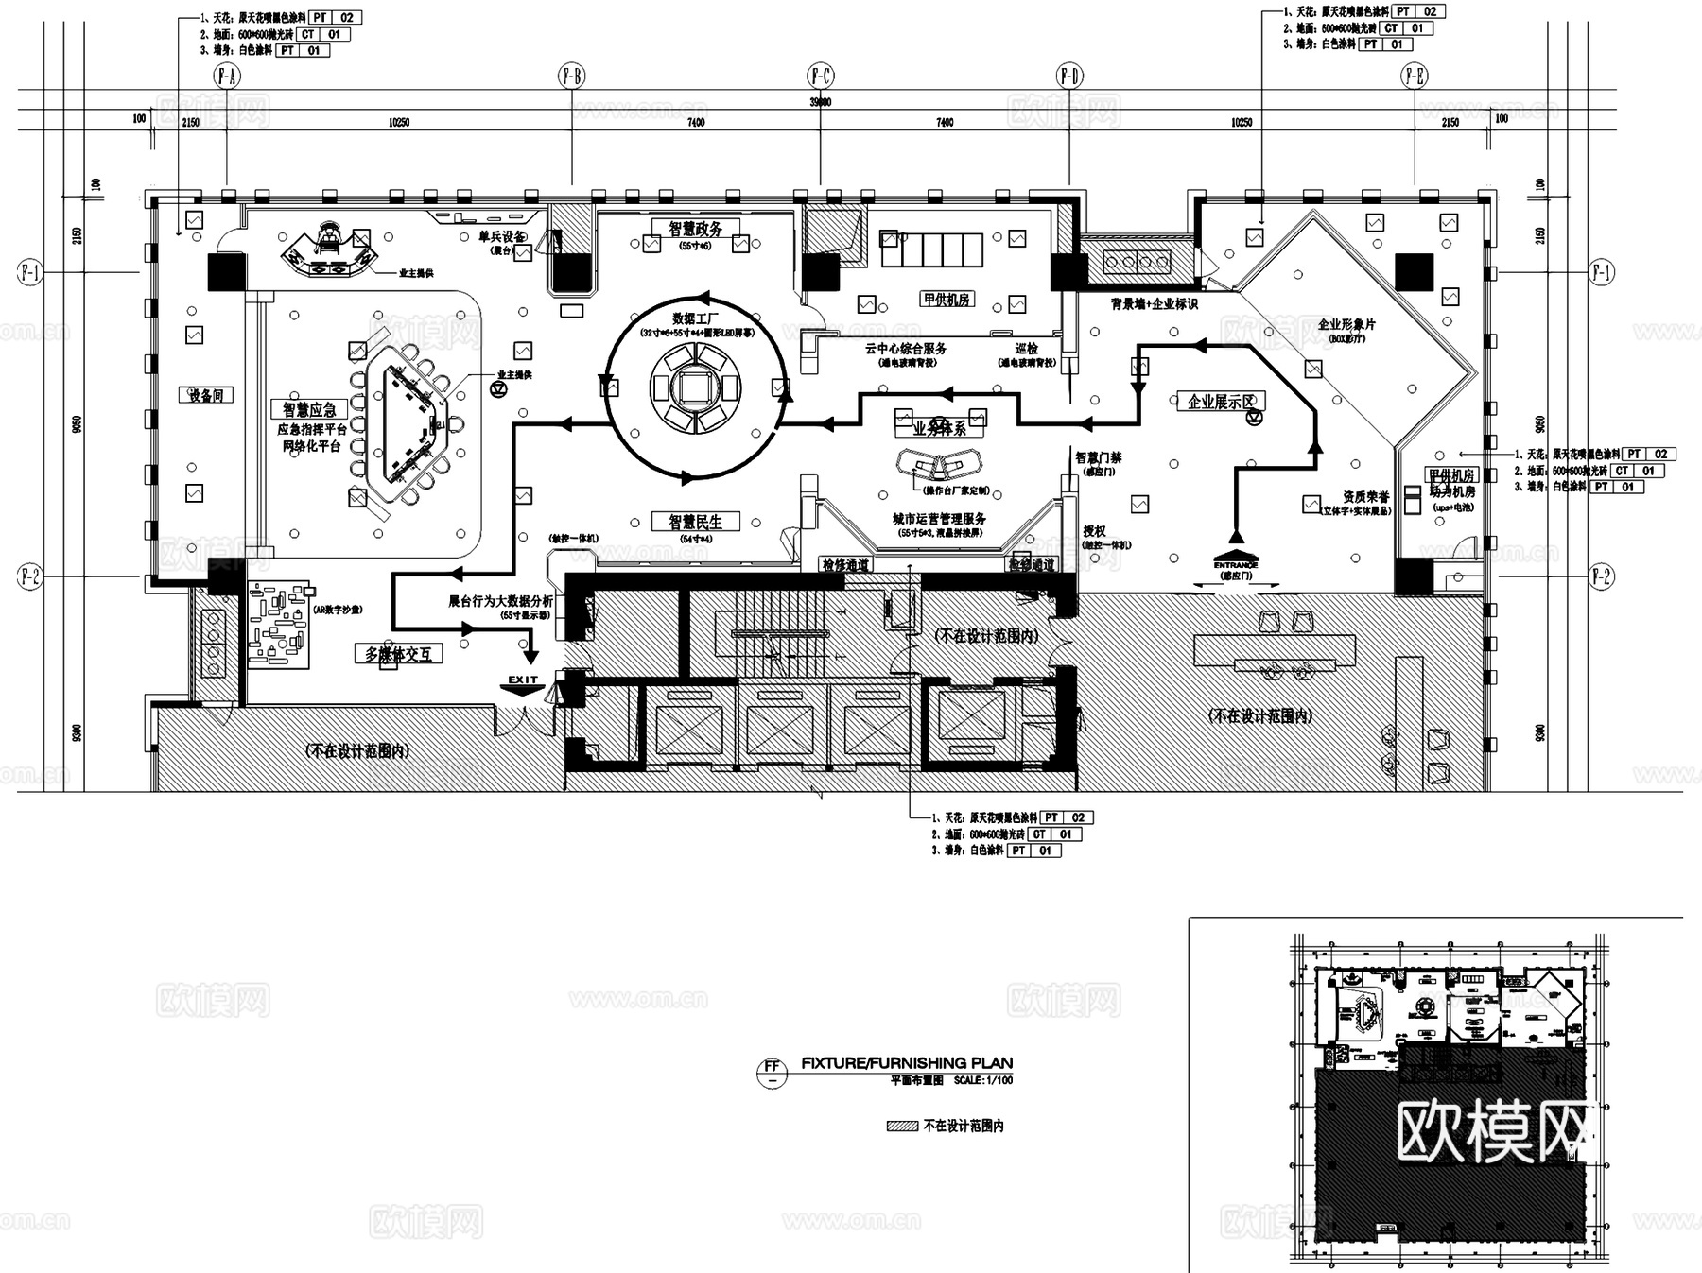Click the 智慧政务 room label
tap(695, 229)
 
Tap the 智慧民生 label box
tap(695, 522)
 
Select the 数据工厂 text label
tap(695, 318)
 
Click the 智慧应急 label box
tap(309, 409)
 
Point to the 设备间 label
tap(205, 395)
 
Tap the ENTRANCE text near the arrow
tap(1236, 564)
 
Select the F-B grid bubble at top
tap(572, 77)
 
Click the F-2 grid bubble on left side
tap(30, 576)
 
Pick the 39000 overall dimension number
tap(820, 102)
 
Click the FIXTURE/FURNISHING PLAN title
tap(906, 1062)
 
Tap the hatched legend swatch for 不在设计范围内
tap(902, 1126)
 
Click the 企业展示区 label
tap(1221, 402)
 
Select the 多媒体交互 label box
tap(398, 654)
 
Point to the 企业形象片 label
tap(1346, 324)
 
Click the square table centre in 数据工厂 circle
tap(695, 387)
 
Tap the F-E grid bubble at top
tap(1415, 77)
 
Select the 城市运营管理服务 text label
tap(939, 519)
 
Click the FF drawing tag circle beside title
tap(772, 1072)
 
